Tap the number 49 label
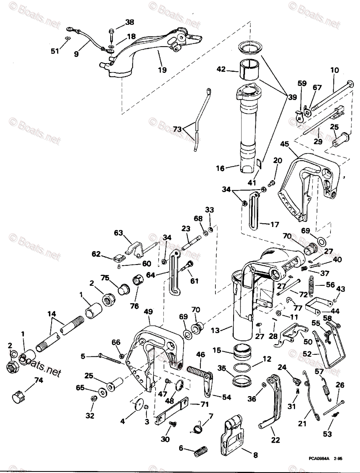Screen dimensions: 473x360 pyautogui.click(x=148, y=311)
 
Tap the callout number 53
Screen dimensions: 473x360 pyautogui.click(x=327, y=434)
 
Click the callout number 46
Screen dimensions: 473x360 pyautogui.click(x=200, y=355)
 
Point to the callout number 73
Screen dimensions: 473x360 pyautogui.click(x=178, y=129)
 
